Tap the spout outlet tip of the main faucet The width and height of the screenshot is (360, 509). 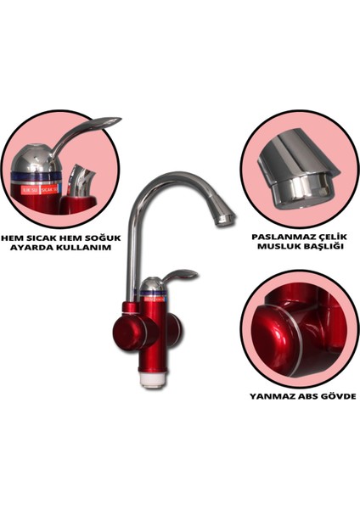(x=223, y=220)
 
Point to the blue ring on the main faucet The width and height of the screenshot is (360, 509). (x=153, y=295)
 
